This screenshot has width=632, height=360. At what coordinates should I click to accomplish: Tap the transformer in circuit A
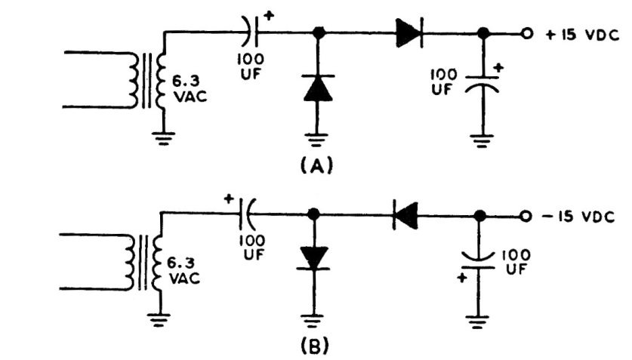(x=146, y=79)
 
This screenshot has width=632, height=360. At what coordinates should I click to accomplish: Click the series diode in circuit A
(x=408, y=34)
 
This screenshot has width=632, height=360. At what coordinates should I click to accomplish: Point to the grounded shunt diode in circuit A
(x=317, y=88)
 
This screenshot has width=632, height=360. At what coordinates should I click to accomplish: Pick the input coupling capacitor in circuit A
(x=252, y=34)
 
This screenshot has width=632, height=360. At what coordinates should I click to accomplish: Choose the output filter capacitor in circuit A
(x=482, y=83)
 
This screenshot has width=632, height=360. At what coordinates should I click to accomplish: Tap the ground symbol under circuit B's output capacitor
(x=476, y=320)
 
